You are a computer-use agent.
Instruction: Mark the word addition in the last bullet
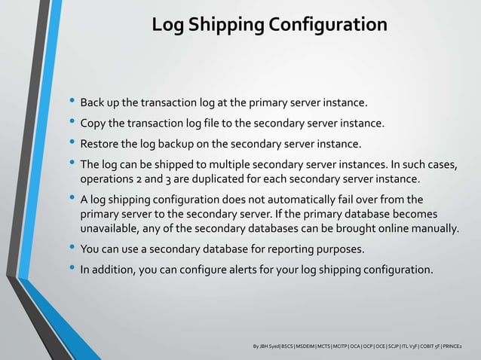(115, 270)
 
